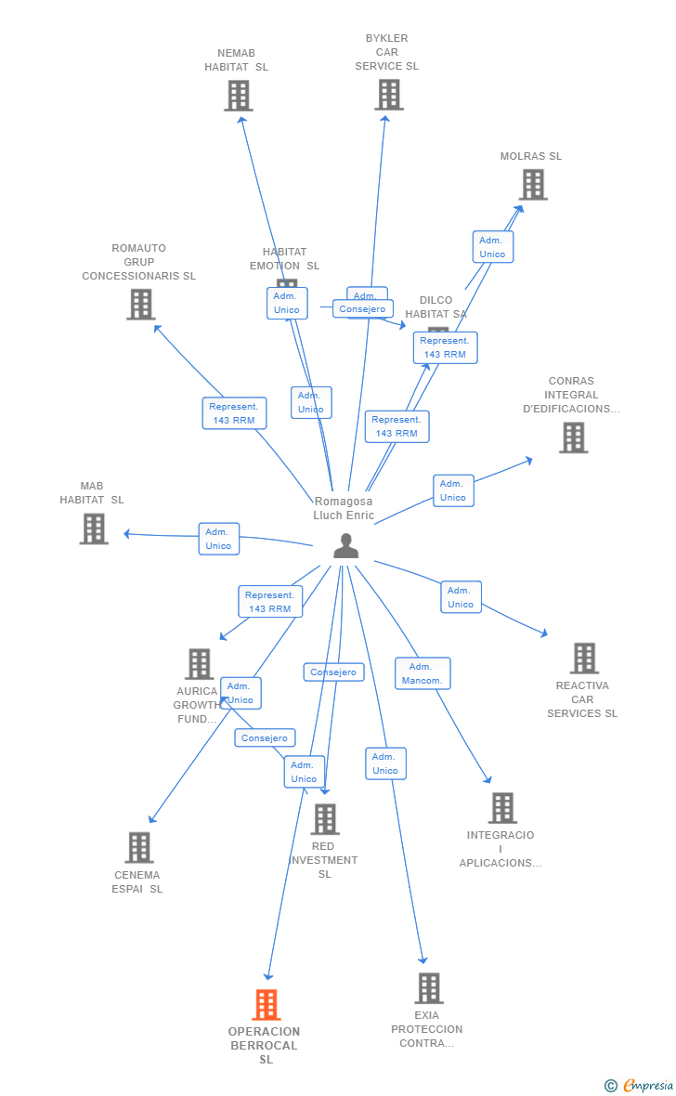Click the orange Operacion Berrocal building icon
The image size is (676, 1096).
point(266,1004)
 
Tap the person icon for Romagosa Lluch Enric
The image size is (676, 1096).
point(345,546)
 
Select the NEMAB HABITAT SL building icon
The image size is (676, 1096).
point(239,95)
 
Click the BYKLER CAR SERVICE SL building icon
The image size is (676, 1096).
point(389,94)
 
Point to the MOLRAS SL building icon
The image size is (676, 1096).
point(533,184)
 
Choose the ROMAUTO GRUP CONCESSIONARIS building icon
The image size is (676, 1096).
point(140,304)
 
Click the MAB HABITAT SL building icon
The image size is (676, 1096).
point(94,528)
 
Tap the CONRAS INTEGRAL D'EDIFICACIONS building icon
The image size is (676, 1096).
point(574,437)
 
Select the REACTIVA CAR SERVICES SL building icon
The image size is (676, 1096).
point(584,658)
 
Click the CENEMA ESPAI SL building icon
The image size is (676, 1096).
point(139,847)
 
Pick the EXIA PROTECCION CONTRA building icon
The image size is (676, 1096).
point(428,987)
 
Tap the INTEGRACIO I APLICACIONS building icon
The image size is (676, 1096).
point(502,808)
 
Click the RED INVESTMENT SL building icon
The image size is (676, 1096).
point(325,819)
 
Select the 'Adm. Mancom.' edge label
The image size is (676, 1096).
point(422,673)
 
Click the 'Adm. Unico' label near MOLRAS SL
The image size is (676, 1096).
point(492,247)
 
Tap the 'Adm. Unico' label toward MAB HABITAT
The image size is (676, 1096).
point(218,539)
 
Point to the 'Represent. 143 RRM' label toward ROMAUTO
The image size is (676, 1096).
point(234,413)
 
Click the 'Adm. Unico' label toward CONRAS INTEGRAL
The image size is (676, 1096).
point(453,490)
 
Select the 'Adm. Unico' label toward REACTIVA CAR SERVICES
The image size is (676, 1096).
point(461,597)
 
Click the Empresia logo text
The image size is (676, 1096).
point(648,1085)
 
